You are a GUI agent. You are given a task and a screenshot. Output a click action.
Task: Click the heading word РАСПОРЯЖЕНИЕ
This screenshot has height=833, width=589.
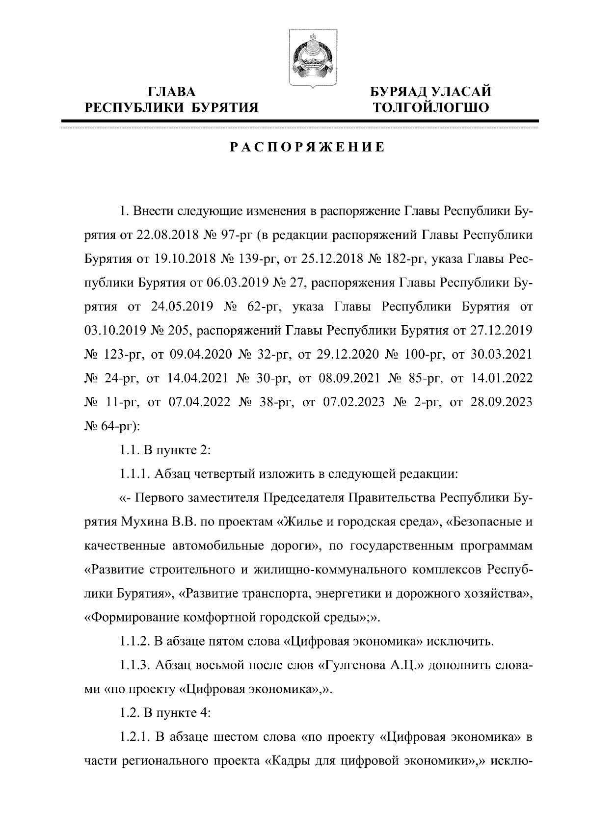308,147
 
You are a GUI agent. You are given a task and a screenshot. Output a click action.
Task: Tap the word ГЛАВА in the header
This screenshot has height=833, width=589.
171,92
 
